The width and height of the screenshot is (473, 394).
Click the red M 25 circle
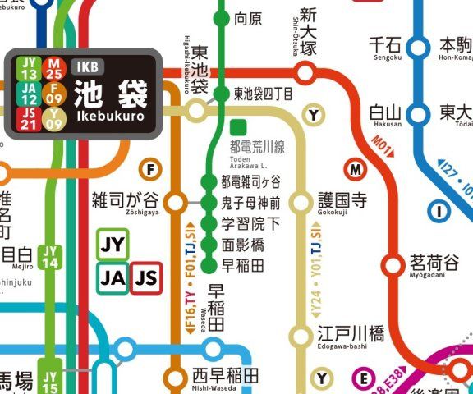point(54,67)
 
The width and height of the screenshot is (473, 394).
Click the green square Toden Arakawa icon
point(239,127)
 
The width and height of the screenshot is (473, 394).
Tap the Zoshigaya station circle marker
point(176,201)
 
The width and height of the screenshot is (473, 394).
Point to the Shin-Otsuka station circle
point(305,75)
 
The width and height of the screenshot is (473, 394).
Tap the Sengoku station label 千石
point(384,44)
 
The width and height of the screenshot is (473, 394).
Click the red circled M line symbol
point(356,170)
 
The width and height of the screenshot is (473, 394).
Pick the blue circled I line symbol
point(440,212)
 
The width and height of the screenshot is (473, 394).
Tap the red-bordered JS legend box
point(147,279)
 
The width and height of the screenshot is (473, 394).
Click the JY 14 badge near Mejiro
point(51,257)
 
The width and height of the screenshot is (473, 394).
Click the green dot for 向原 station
point(220,17)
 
